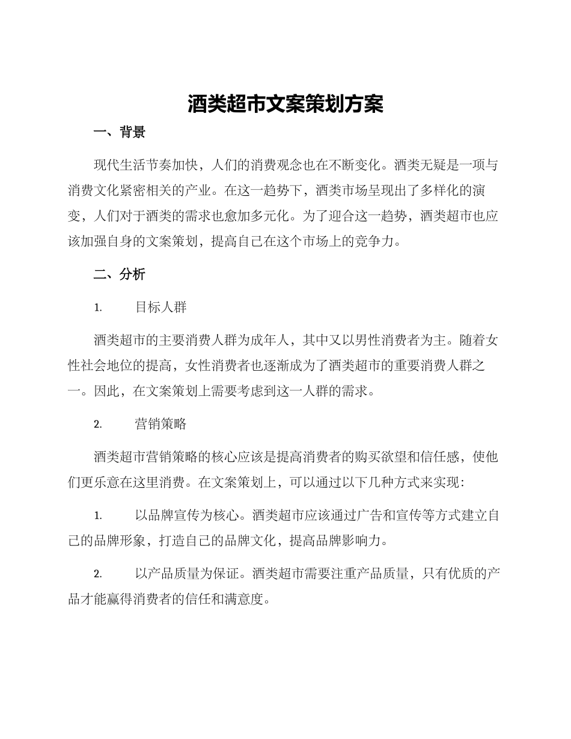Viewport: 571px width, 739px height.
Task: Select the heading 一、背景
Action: click(120, 133)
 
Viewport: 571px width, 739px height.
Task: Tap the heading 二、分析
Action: click(120, 275)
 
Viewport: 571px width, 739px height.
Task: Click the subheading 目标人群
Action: click(161, 307)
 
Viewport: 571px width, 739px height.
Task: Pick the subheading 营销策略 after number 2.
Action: click(161, 424)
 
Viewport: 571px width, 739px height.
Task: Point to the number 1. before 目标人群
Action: click(98, 308)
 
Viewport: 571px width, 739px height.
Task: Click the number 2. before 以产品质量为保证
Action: click(98, 574)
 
